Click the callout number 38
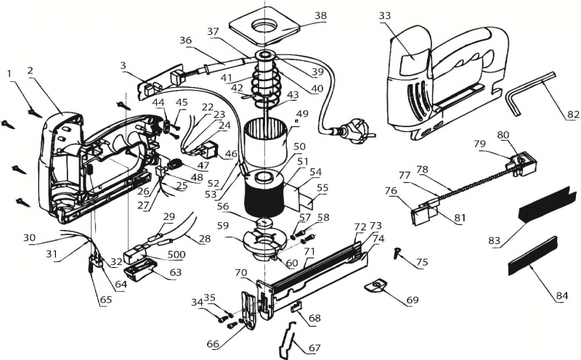click(x=321, y=15)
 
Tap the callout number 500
click(x=176, y=255)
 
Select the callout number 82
click(x=573, y=115)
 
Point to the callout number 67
click(x=314, y=348)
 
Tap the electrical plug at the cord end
click(x=354, y=131)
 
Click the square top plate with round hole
click(x=264, y=26)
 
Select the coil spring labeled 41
click(x=266, y=82)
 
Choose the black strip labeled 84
click(x=533, y=256)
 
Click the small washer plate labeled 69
click(x=376, y=286)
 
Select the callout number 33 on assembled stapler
click(x=386, y=15)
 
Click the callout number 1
click(x=9, y=74)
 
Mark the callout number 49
click(x=302, y=113)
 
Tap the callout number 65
click(x=105, y=300)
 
